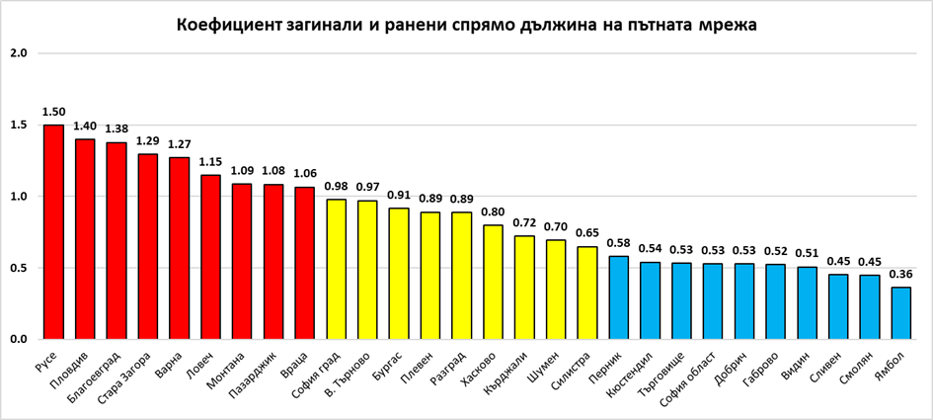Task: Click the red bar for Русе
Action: [x=53, y=232]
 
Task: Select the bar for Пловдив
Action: [x=85, y=239]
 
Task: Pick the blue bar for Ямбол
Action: [x=900, y=313]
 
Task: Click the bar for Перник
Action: [x=618, y=297]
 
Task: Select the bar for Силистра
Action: [x=586, y=293]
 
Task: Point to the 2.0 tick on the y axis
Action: [x=18, y=53]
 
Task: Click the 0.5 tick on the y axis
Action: [x=18, y=268]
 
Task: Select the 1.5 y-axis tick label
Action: [x=18, y=126]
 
